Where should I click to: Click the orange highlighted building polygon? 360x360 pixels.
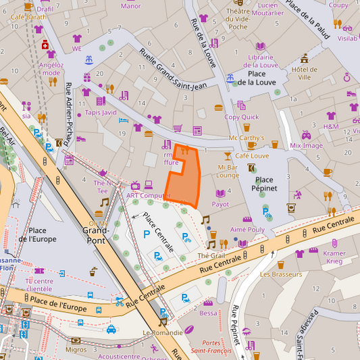[183, 177]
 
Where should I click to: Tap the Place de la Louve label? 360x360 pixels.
[256, 78]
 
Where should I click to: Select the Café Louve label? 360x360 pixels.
[252, 156]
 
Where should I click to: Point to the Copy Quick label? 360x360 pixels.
[241, 117]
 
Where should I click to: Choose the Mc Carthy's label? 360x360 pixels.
[247, 138]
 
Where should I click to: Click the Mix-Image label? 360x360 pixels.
[306, 145]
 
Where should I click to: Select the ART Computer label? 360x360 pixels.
[149, 196]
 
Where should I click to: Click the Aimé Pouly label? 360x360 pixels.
[247, 230]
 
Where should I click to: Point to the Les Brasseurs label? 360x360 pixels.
[280, 274]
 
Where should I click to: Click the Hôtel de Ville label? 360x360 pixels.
[304, 73]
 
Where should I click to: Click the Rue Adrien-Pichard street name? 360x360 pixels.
[69, 109]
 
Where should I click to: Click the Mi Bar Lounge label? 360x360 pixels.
[228, 171]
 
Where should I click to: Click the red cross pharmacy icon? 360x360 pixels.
[45, 45]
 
